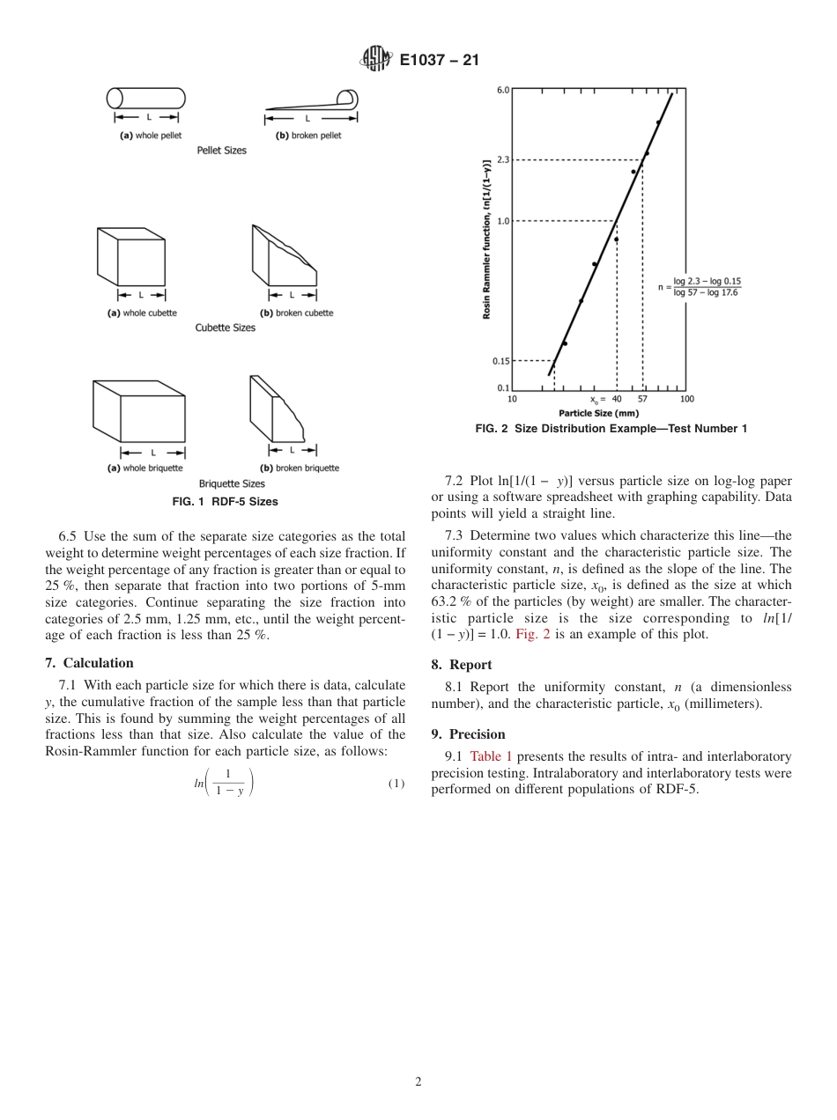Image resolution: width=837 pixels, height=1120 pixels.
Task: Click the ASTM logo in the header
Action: click(375, 60)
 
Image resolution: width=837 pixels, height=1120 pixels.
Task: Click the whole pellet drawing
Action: click(146, 98)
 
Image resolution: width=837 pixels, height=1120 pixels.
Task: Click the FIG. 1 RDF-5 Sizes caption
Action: click(225, 502)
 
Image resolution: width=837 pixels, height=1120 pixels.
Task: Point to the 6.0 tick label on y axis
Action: click(502, 90)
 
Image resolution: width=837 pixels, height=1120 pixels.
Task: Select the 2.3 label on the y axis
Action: click(502, 159)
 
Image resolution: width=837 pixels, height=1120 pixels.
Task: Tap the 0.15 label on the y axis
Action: click(500, 360)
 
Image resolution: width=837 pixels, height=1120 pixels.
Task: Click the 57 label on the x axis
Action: click(642, 399)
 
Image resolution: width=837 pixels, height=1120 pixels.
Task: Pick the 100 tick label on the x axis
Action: click(686, 399)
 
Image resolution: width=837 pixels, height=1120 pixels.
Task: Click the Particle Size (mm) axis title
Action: click(598, 412)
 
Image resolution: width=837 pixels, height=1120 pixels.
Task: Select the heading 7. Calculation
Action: click(90, 663)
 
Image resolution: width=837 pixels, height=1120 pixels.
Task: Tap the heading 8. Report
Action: click(462, 665)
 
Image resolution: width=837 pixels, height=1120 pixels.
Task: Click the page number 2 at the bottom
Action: click(418, 1082)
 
